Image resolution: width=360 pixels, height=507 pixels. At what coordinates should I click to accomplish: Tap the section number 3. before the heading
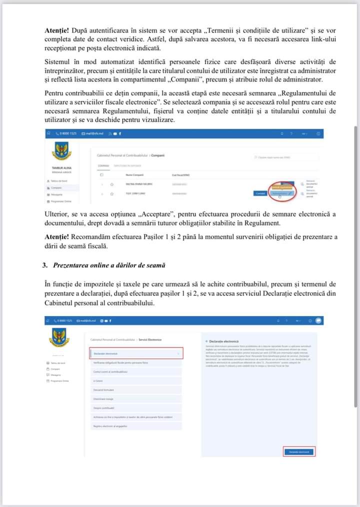(x=45, y=265)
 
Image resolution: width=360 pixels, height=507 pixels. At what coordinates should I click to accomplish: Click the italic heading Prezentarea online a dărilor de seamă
(x=109, y=265)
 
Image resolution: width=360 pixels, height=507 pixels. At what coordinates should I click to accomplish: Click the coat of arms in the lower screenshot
(x=59, y=337)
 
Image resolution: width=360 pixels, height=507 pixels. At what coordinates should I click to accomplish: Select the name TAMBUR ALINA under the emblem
(x=60, y=168)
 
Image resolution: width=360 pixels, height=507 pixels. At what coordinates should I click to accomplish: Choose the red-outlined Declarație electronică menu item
(x=136, y=353)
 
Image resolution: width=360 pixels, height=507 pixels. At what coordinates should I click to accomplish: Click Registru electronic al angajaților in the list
(x=110, y=426)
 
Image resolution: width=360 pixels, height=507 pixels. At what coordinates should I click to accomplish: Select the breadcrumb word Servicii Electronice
(x=149, y=340)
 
